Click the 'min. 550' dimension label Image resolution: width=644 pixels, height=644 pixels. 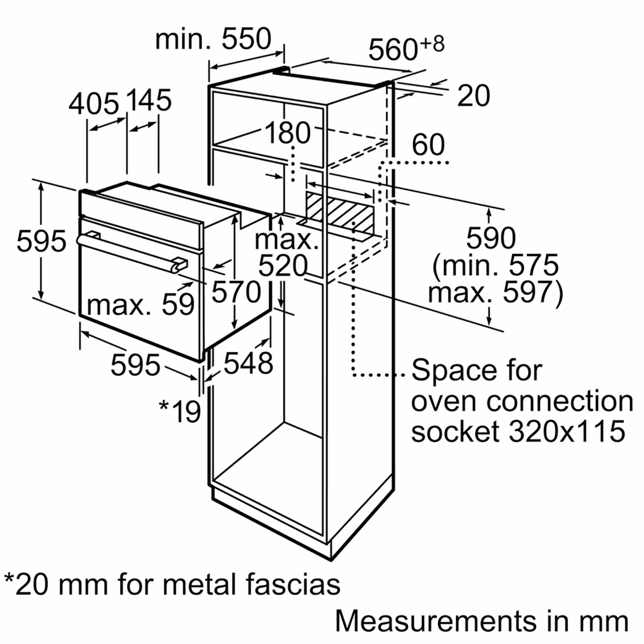(x=213, y=39)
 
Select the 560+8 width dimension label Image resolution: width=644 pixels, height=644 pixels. (x=406, y=49)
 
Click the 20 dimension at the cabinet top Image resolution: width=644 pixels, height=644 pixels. (x=474, y=96)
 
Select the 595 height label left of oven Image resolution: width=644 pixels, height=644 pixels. (x=41, y=241)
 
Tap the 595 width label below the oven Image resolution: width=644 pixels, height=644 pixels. (x=135, y=365)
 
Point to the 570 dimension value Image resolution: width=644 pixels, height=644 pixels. (x=236, y=292)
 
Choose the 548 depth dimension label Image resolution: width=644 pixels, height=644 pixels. (x=248, y=363)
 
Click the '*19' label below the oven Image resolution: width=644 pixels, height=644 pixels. (x=180, y=411)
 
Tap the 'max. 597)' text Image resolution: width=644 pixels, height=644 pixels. (x=496, y=292)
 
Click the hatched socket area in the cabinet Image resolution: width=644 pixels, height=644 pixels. (x=340, y=213)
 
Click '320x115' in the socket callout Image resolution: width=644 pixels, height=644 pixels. (x=567, y=431)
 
